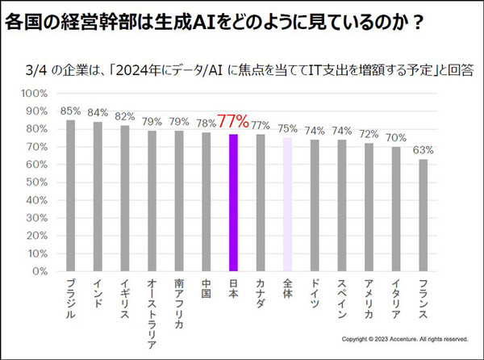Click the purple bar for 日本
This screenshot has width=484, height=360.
pyautogui.click(x=233, y=203)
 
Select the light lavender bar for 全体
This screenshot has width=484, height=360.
pyautogui.click(x=287, y=204)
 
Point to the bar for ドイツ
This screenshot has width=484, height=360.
pyautogui.click(x=315, y=205)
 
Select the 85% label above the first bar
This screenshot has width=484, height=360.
pyautogui.click(x=70, y=111)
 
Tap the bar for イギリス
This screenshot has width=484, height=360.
pyautogui.click(x=124, y=198)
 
